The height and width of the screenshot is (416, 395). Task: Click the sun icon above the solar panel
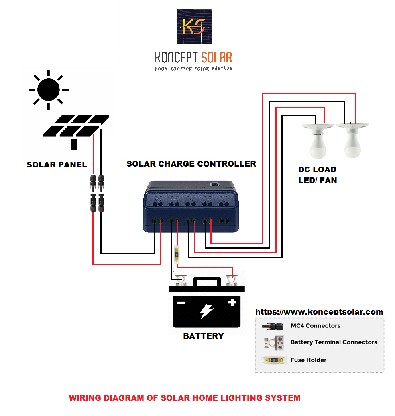pos(48,89)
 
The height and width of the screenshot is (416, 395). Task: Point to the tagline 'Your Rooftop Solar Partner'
pos(193,69)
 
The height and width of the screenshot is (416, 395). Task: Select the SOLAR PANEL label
pos(57,165)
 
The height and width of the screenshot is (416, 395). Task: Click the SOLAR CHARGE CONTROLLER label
pos(191,164)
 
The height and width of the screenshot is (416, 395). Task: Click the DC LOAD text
pos(317,169)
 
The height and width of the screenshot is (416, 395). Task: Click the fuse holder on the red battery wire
pos(177,255)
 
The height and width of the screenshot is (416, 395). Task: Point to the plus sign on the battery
pos(232,303)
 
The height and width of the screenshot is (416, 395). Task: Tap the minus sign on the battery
pos(182,303)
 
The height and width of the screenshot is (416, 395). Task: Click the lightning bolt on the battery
pos(207,311)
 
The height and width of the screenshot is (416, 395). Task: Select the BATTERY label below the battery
pos(204,336)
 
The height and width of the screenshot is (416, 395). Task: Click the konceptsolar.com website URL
pos(319,312)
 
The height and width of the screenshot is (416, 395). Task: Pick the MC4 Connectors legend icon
pos(272,326)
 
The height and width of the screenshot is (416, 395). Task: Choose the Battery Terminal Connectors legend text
pos(334,342)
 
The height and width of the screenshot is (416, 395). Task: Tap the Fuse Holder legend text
pos(308,360)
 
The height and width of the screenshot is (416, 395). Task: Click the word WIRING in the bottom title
pos(85,398)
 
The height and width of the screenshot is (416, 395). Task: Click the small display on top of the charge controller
pos(214,185)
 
